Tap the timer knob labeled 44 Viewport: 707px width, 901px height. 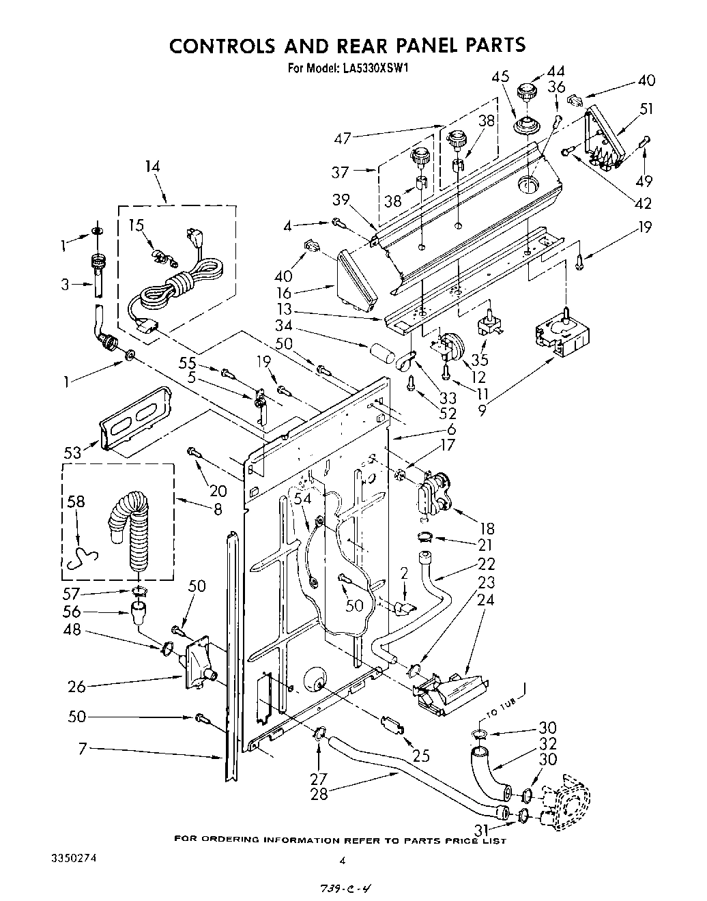(526, 92)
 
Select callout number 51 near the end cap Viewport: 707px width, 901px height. (646, 109)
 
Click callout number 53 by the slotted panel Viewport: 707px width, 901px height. (72, 451)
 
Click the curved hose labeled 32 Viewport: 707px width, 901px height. (489, 774)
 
